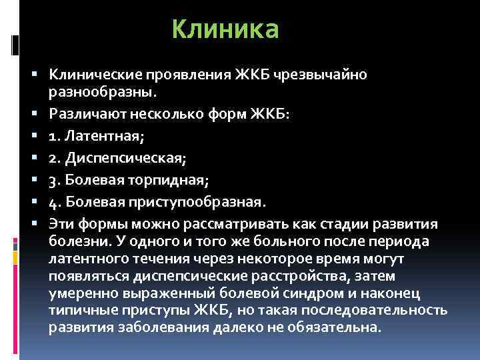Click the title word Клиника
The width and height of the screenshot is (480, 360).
225,30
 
